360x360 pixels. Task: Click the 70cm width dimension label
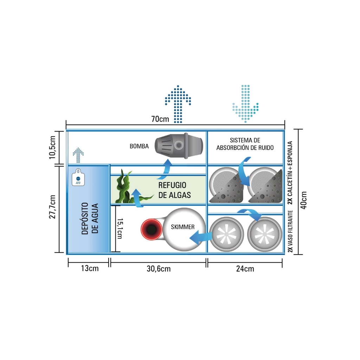[160, 119]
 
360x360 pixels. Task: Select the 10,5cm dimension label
[53, 147]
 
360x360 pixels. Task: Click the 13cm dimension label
[90, 269]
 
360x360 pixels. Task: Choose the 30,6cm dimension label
[158, 269]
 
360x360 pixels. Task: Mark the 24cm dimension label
[245, 269]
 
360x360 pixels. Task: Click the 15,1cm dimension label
[120, 229]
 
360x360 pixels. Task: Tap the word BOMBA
[139, 146]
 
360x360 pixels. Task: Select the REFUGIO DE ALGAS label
[172, 190]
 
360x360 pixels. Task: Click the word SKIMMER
[183, 227]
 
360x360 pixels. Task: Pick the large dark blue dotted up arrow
[178, 104]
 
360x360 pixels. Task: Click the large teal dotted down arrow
[245, 104]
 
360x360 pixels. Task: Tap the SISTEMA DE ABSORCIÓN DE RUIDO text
[245, 144]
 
